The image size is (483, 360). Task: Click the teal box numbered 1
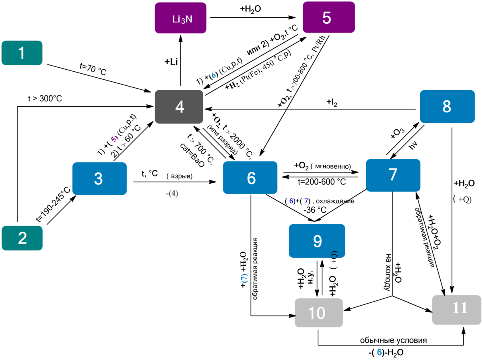click(x=22, y=53)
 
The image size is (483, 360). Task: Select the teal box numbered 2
click(x=22, y=238)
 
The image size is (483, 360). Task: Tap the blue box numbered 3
click(x=99, y=179)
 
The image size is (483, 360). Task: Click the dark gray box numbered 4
click(x=180, y=107)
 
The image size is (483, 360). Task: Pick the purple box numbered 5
click(x=328, y=17)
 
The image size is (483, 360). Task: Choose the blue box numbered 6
click(x=250, y=178)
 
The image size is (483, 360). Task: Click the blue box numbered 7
click(x=393, y=175)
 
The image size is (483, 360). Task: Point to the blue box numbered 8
click(x=447, y=107)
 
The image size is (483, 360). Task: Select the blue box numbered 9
click(x=317, y=240)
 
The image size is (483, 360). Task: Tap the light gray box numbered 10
click(x=319, y=312)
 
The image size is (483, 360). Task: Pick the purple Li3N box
click(x=181, y=18)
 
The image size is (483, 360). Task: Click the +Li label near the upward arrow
click(x=172, y=61)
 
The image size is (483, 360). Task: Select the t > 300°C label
click(x=45, y=98)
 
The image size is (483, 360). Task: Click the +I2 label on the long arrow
click(x=332, y=103)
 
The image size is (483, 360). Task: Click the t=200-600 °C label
click(x=322, y=182)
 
